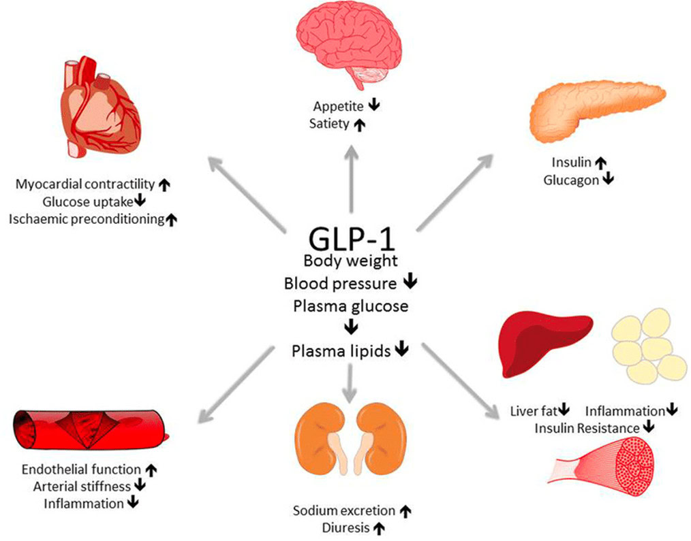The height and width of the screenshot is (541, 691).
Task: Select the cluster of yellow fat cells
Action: [647, 344]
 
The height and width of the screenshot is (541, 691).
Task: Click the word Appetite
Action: [339, 106]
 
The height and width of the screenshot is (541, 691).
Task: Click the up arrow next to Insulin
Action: [600, 163]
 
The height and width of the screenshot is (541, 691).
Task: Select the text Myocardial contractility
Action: [85, 184]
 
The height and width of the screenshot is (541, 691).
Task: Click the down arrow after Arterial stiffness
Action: [140, 486]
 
